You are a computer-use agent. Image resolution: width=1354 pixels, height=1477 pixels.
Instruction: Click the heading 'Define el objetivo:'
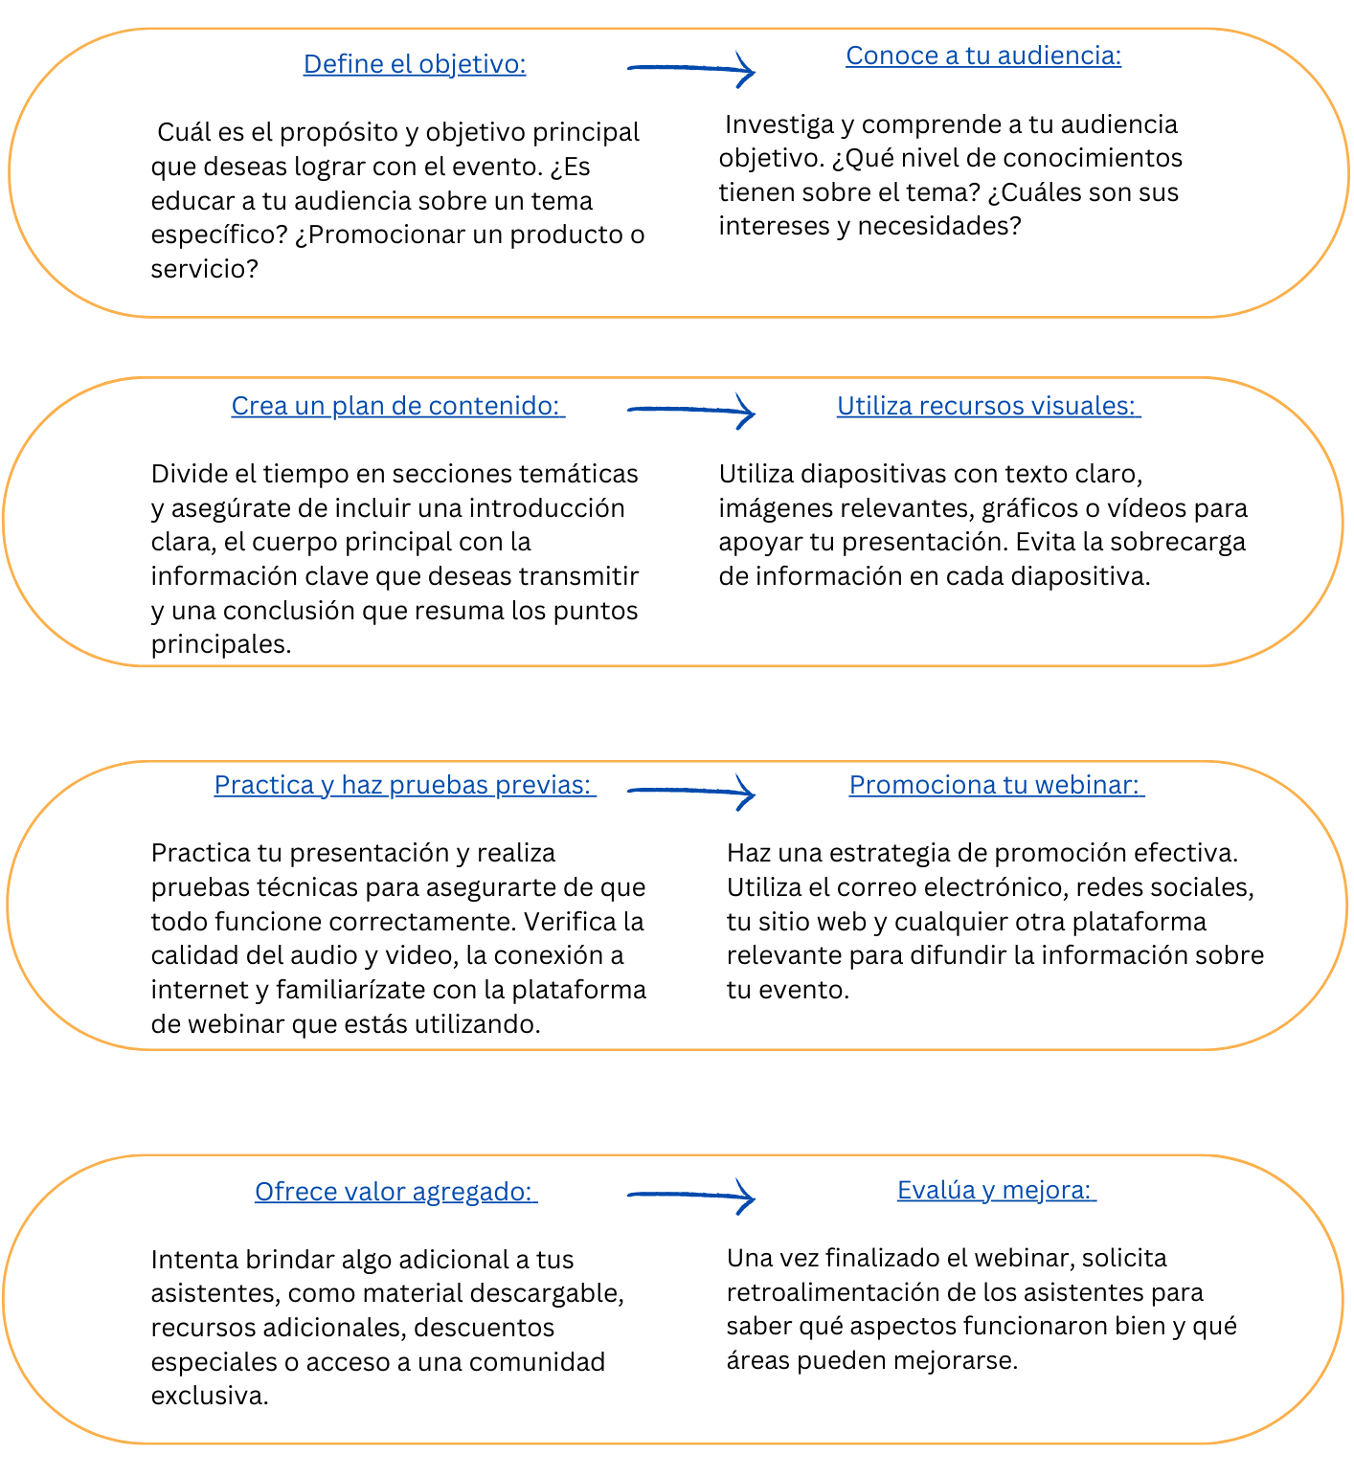pos(415,64)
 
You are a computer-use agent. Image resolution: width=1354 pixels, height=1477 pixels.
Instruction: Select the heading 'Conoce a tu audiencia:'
pos(983,56)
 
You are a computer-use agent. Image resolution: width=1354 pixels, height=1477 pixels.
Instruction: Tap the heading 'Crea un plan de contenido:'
pos(397,406)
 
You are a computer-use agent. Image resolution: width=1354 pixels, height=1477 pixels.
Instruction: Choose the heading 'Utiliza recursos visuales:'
pos(988,406)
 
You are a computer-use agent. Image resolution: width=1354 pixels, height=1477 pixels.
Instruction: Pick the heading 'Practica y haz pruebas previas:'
pos(404,785)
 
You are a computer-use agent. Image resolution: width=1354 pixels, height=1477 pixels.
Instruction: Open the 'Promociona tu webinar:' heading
pos(996,785)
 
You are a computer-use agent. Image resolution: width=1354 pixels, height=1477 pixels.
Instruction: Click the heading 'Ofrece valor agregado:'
pos(395,1192)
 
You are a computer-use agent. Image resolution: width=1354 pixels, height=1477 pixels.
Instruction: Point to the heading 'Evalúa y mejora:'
pos(996,1190)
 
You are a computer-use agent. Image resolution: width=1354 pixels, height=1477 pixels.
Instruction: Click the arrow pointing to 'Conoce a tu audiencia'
pos(691,69)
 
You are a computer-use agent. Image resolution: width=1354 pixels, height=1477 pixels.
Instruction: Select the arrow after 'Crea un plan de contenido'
pos(691,411)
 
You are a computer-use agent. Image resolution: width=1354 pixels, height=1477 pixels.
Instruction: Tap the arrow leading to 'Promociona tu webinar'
pos(691,792)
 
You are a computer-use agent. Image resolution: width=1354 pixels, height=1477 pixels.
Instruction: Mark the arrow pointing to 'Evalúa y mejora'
pos(691,1196)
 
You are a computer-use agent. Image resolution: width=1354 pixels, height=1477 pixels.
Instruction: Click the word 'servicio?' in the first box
pos(205,269)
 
